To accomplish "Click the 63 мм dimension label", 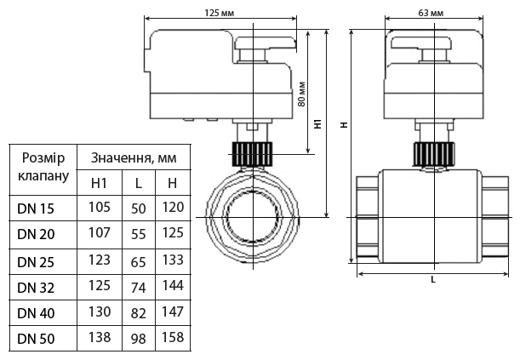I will coord(432,12).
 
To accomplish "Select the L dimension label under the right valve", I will coord(432,279).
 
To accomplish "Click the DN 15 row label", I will coord(37,207).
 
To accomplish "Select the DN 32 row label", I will coord(37,286).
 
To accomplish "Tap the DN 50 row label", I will coord(37,339).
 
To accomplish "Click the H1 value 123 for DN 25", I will coord(100,259).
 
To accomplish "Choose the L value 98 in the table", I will coord(139,339).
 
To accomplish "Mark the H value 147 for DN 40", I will coord(172,311).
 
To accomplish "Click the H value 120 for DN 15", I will coord(172,206).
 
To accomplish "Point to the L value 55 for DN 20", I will coord(139,233).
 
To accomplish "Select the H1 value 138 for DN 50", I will coord(100,338).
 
